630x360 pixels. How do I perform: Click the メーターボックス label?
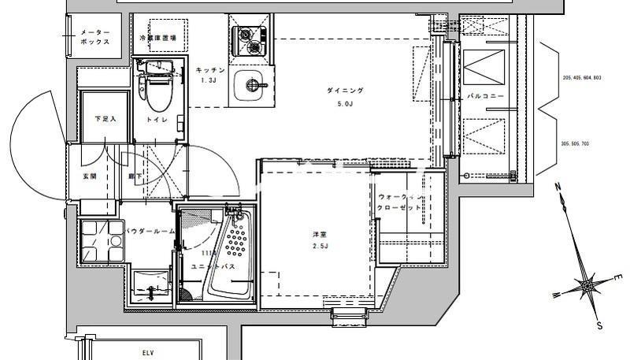coord(94,38)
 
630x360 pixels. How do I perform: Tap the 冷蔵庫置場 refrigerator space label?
coord(157,37)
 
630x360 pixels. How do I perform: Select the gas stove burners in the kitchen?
coord(249,41)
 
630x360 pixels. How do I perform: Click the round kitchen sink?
coord(253,86)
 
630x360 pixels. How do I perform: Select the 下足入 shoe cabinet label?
coord(105,119)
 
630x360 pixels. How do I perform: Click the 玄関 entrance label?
coord(90,176)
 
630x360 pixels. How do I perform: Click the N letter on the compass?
coord(557,187)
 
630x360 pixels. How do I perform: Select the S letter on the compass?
coord(600,325)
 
